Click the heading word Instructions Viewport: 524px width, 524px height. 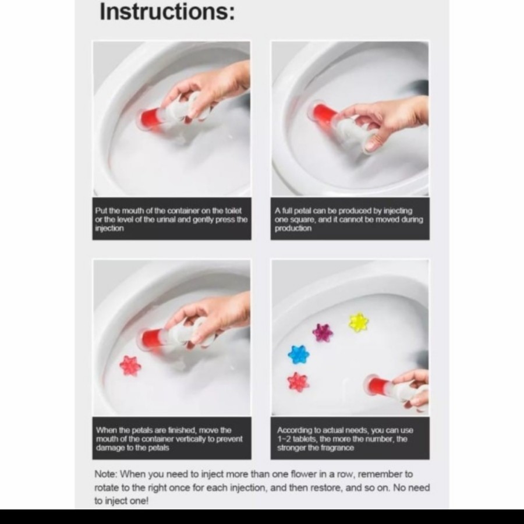(x=167, y=12)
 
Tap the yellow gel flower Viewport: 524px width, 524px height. (x=358, y=322)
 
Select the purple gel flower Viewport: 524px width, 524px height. (x=323, y=332)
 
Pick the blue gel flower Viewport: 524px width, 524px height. (x=299, y=355)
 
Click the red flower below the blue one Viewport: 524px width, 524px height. (x=298, y=383)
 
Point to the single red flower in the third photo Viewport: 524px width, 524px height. (x=130, y=366)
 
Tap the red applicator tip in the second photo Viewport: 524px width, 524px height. (x=321, y=113)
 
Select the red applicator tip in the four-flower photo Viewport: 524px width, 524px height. (x=376, y=384)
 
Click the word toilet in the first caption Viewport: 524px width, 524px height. (x=233, y=211)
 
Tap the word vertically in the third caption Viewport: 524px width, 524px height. (x=192, y=439)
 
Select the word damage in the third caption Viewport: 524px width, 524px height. (x=109, y=448)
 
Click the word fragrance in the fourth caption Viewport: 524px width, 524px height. (x=337, y=448)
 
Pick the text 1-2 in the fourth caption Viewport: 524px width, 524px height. (x=284, y=439)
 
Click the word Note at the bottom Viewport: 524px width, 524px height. (x=105, y=474)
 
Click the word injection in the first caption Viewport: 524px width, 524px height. (x=109, y=228)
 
